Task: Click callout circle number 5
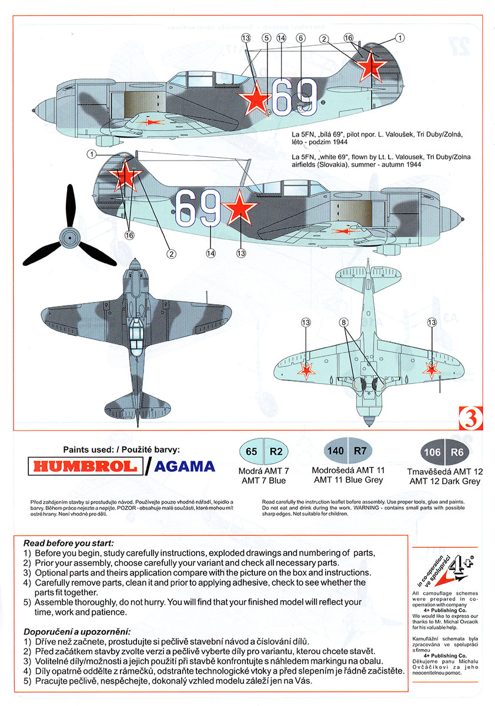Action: point(266,38)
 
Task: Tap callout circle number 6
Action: point(300,38)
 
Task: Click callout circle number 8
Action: point(344,322)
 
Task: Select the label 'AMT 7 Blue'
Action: point(264,480)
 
